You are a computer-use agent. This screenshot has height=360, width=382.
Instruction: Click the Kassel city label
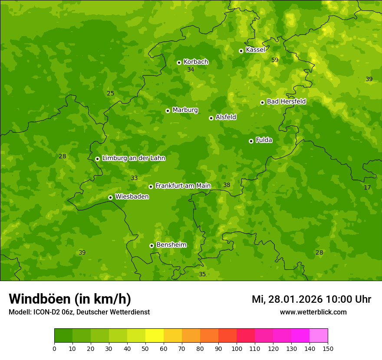[x=255, y=50]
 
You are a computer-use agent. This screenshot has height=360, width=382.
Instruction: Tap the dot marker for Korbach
[x=179, y=62]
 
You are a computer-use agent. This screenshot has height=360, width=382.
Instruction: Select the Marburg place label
[x=185, y=110]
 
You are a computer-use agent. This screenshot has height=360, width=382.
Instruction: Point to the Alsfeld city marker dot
[x=211, y=118]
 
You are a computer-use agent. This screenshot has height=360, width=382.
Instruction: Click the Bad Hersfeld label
[x=286, y=101]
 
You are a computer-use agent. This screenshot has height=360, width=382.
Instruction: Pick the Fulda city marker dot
[x=251, y=141]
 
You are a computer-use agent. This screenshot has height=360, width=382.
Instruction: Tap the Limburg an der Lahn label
[x=133, y=158]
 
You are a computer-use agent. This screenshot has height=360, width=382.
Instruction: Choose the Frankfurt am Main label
[x=183, y=186]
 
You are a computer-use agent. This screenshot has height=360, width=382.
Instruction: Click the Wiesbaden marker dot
[x=110, y=197]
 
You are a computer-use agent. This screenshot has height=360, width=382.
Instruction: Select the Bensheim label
[x=171, y=245]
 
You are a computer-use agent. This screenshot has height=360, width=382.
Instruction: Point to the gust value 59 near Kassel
[x=275, y=60]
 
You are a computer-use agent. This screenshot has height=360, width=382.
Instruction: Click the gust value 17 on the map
[x=367, y=187]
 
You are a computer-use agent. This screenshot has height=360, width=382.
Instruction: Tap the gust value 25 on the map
[x=110, y=93]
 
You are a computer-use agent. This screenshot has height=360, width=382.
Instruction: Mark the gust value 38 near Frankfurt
[x=227, y=185]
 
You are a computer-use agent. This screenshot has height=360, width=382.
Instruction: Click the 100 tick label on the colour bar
[x=237, y=348]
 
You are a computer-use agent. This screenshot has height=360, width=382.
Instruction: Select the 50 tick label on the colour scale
[x=145, y=348]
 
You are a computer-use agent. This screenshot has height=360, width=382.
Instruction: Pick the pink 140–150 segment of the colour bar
[x=319, y=335]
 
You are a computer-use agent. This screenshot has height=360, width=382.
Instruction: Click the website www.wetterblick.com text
[x=313, y=312]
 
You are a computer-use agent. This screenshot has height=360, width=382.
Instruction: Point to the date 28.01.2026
[x=295, y=299]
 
